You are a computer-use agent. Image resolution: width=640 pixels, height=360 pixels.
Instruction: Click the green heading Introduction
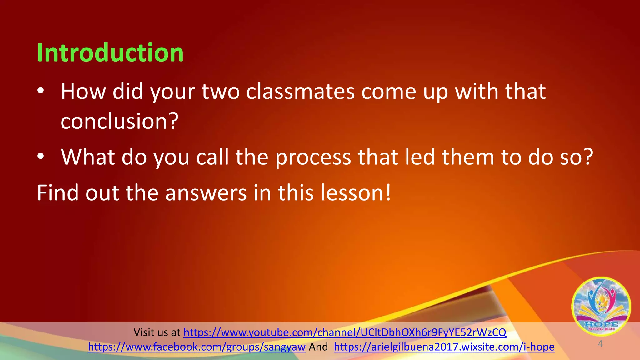coord(110,52)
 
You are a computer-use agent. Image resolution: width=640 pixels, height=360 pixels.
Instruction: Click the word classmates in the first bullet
coord(300,92)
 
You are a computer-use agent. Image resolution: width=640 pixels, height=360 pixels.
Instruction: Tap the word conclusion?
coord(119,121)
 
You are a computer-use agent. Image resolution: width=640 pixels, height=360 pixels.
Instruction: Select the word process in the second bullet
coord(313,157)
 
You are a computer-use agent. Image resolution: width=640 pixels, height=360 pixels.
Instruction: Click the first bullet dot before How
coord(41,91)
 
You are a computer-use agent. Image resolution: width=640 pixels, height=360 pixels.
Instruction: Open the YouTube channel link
coord(345,332)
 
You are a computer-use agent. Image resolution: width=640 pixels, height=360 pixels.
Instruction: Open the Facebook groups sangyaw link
coord(197,347)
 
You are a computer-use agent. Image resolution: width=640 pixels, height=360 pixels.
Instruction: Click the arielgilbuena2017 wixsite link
coord(444,347)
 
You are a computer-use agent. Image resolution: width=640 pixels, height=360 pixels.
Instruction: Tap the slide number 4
coord(600,344)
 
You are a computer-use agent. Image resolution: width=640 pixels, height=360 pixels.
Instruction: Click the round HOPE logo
coord(601,306)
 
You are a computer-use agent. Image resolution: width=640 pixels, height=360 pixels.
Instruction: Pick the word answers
coord(206,193)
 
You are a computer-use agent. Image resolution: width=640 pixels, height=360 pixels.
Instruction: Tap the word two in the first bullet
coord(220,92)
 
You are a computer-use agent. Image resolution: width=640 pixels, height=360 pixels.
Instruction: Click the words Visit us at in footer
coord(157,332)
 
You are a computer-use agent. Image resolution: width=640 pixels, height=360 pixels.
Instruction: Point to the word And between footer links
coord(318,347)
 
